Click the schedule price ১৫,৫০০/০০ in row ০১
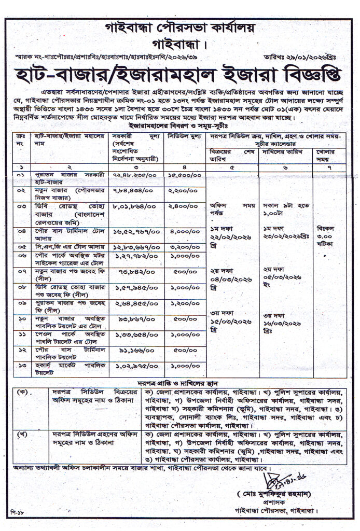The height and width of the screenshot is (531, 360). (184, 176)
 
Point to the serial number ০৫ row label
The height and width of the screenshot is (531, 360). (20, 247)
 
